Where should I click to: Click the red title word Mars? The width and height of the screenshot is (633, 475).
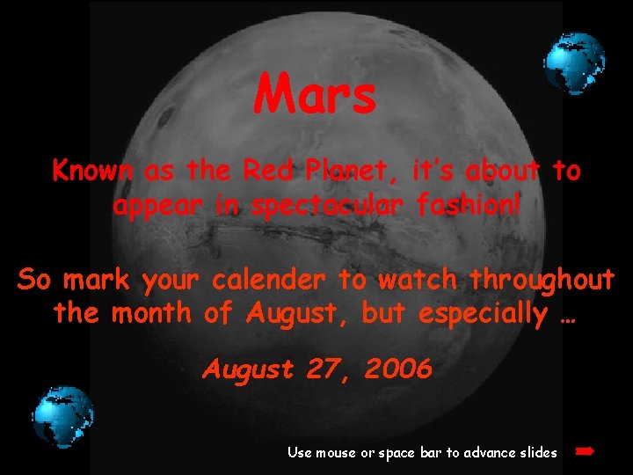(316, 95)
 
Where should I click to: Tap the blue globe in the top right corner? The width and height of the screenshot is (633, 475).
(574, 64)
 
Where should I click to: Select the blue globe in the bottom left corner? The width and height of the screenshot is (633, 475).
(63, 417)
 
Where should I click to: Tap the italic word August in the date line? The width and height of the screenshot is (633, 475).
(248, 369)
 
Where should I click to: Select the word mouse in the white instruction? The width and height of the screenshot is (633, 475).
(335, 453)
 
